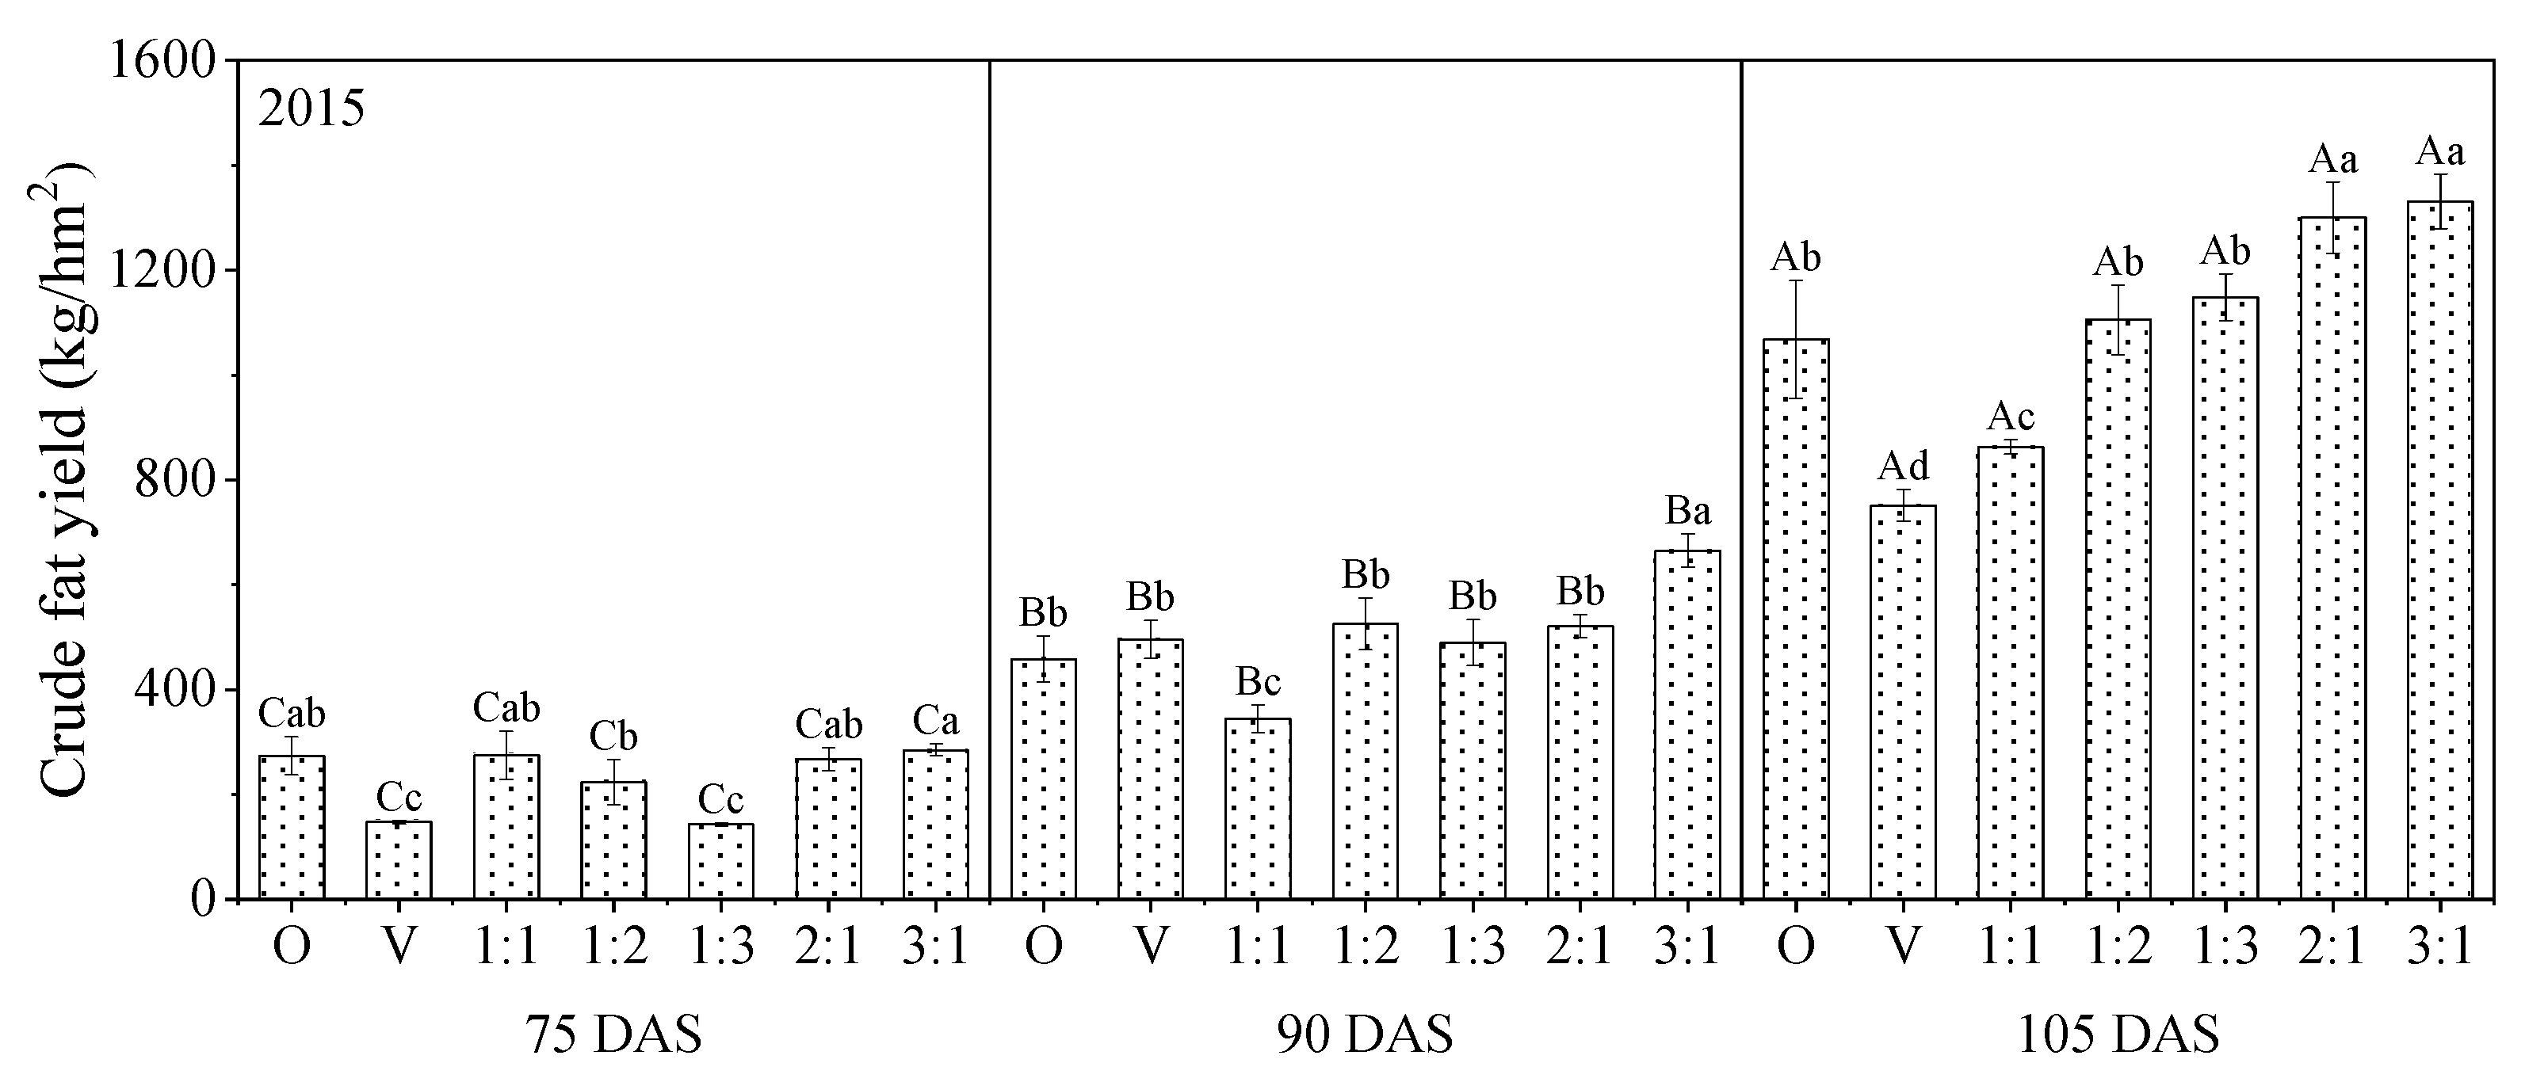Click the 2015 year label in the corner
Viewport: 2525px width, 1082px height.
311,109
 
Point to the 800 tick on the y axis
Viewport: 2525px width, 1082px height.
182,480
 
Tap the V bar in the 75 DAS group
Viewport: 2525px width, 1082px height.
399,859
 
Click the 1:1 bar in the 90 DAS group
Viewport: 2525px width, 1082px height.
1258,809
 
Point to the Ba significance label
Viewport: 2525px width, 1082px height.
1688,512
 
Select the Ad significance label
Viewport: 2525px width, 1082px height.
1903,467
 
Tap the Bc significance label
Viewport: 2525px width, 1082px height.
1258,681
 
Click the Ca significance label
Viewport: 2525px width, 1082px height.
935,722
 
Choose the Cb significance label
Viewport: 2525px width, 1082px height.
613,736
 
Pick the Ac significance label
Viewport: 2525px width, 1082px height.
2011,417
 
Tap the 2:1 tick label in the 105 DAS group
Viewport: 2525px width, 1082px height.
2333,947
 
